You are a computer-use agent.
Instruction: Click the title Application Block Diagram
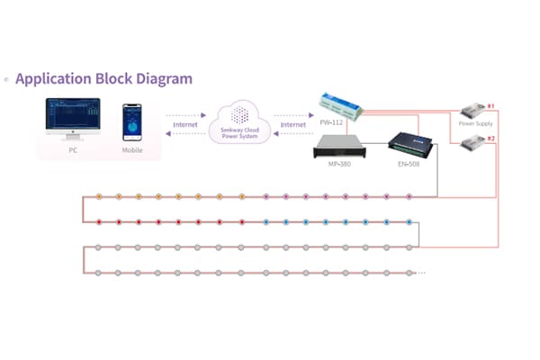(x=104, y=78)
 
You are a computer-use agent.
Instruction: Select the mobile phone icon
(x=132, y=122)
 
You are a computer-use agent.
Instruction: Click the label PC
(x=73, y=150)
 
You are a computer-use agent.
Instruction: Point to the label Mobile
(x=132, y=150)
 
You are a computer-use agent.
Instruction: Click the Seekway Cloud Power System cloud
(x=240, y=121)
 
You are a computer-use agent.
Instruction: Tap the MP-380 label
(x=339, y=166)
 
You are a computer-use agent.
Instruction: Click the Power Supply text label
(x=476, y=122)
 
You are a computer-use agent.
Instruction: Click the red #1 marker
(x=490, y=106)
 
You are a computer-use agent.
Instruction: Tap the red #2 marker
(x=490, y=138)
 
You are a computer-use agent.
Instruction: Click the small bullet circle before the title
(x=7, y=79)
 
